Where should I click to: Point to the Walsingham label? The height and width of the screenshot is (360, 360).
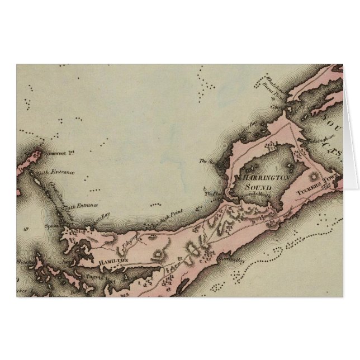317,134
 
